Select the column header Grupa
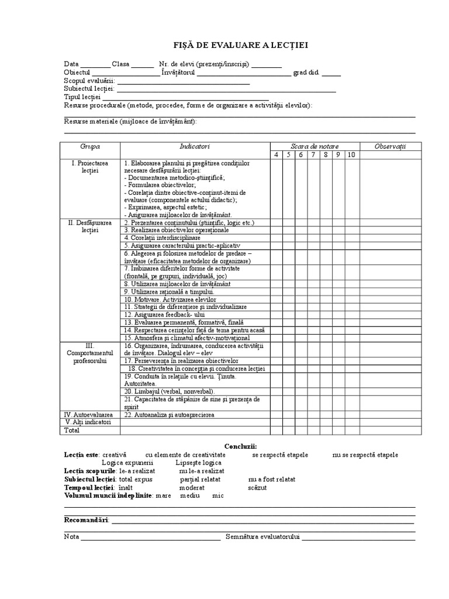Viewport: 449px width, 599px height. (90, 146)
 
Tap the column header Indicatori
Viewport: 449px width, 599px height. (195, 146)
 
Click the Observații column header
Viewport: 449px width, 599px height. (390, 146)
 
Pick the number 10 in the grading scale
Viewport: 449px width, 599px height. (351, 155)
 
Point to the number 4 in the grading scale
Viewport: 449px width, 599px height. (276, 155)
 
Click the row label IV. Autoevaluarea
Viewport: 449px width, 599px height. (88, 414)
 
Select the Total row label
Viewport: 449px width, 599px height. (73, 430)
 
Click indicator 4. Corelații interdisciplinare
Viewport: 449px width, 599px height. (162, 238)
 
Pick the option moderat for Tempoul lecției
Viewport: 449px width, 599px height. (192, 487)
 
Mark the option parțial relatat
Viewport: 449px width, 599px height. (199, 479)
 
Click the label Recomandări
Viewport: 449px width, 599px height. (86, 520)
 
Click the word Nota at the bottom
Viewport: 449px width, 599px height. (71, 536)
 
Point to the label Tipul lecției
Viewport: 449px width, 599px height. (82, 97)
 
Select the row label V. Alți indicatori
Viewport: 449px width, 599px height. (88, 422)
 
